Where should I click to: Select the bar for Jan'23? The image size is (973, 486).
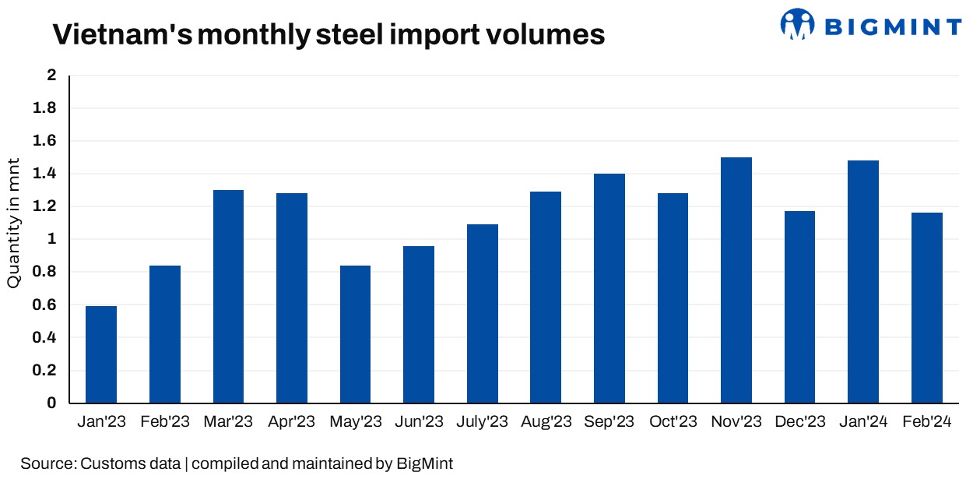(x=101, y=354)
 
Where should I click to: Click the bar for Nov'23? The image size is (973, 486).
(x=736, y=280)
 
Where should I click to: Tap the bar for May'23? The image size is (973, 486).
(x=355, y=334)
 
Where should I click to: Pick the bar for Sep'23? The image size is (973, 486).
(x=609, y=288)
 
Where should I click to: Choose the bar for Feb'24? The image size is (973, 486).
(x=927, y=308)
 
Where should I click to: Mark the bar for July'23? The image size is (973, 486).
(x=483, y=314)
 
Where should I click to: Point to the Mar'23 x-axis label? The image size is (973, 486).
(x=229, y=422)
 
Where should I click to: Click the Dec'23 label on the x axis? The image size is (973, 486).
(x=800, y=422)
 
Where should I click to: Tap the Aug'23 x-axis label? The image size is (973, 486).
(x=546, y=422)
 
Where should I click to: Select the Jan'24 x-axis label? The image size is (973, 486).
(x=863, y=422)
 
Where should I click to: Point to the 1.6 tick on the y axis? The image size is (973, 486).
(x=46, y=141)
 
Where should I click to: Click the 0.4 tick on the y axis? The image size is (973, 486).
(x=46, y=338)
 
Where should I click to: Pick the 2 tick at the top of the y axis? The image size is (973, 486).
(x=52, y=76)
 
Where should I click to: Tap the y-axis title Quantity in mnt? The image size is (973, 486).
(x=14, y=223)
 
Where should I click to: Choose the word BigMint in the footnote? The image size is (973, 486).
(x=425, y=464)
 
